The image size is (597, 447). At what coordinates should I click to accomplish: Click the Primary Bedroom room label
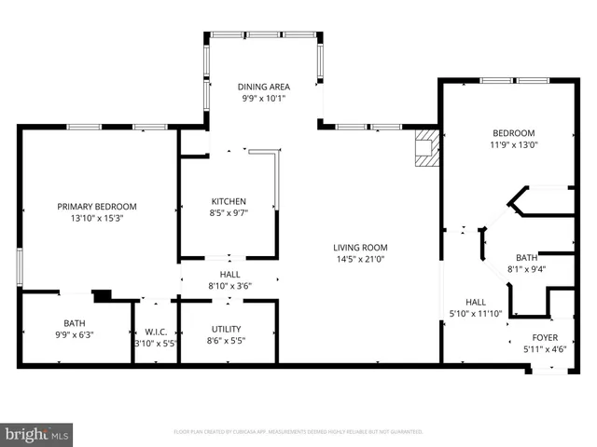(97, 207)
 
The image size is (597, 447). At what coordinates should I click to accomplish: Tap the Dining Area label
(264, 86)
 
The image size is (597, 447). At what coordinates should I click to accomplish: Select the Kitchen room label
(229, 201)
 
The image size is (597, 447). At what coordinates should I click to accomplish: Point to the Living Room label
(361, 248)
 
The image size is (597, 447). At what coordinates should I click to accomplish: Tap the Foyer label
(545, 338)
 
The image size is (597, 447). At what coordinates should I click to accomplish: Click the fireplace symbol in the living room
(426, 147)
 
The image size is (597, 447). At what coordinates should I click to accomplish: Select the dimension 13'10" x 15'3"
(97, 219)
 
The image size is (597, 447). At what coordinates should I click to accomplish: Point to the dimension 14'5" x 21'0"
(361, 260)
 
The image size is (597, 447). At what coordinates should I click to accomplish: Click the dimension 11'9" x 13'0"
(513, 144)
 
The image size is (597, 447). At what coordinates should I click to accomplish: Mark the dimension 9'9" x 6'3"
(74, 334)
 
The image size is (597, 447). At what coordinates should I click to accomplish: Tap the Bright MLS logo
(37, 434)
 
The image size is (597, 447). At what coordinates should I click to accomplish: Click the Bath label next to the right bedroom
(526, 258)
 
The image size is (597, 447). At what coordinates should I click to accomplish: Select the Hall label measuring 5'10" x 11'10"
(476, 302)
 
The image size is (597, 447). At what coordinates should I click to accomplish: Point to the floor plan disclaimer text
(298, 432)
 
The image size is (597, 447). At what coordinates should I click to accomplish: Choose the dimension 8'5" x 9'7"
(229, 213)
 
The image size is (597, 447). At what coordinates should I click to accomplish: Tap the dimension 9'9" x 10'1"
(264, 98)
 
